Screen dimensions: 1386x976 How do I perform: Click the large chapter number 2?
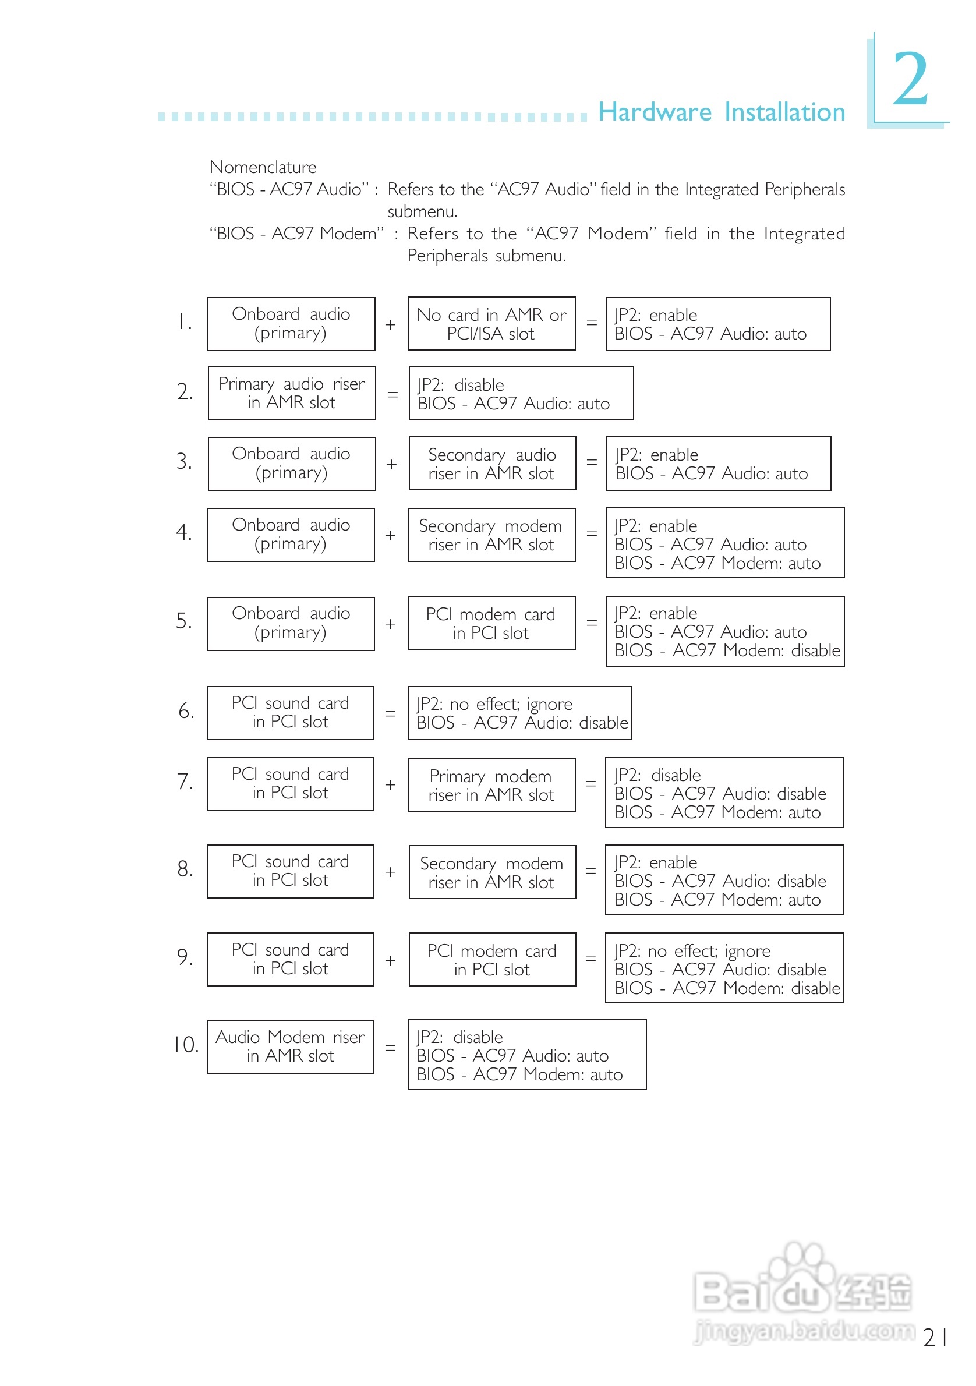(910, 79)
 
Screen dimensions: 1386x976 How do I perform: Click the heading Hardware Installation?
(722, 112)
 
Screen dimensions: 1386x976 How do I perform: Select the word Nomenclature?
(263, 167)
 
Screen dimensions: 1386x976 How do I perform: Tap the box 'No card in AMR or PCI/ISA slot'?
(491, 324)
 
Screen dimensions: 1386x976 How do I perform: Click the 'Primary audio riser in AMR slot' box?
(292, 394)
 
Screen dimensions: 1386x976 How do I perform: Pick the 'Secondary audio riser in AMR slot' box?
(492, 464)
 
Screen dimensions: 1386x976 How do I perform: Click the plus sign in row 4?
(391, 535)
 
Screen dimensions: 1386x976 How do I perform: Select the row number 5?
(184, 621)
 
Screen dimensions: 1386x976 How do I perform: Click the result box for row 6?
(519, 713)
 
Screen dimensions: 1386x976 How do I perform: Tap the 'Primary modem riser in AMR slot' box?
(491, 785)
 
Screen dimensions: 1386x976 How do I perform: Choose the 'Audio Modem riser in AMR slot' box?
(291, 1046)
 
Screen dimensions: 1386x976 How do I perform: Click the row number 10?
(186, 1045)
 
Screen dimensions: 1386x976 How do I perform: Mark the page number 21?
(934, 1337)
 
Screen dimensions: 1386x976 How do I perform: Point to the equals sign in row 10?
(391, 1049)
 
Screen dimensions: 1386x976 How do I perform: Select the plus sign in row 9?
(391, 960)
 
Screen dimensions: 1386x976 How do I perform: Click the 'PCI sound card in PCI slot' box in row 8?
(291, 871)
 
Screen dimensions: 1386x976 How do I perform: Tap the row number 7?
(185, 782)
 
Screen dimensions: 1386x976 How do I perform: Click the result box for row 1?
(717, 324)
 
